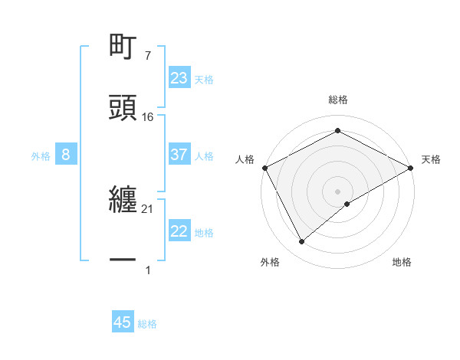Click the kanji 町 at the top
(123, 47)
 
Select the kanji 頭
(123, 108)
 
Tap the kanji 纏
(123, 201)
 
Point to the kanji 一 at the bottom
(123, 260)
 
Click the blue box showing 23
(179, 78)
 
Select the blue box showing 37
(179, 155)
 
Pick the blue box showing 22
(179, 231)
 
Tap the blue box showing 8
(66, 155)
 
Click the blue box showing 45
(123, 322)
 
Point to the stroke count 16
(148, 117)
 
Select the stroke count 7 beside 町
(147, 56)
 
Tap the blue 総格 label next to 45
(147, 324)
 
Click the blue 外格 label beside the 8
(41, 156)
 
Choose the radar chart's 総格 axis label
(337, 100)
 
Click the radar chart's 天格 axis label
(431, 159)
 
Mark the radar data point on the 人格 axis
(264, 167)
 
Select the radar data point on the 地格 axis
(347, 204)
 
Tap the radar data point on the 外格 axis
(301, 241)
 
